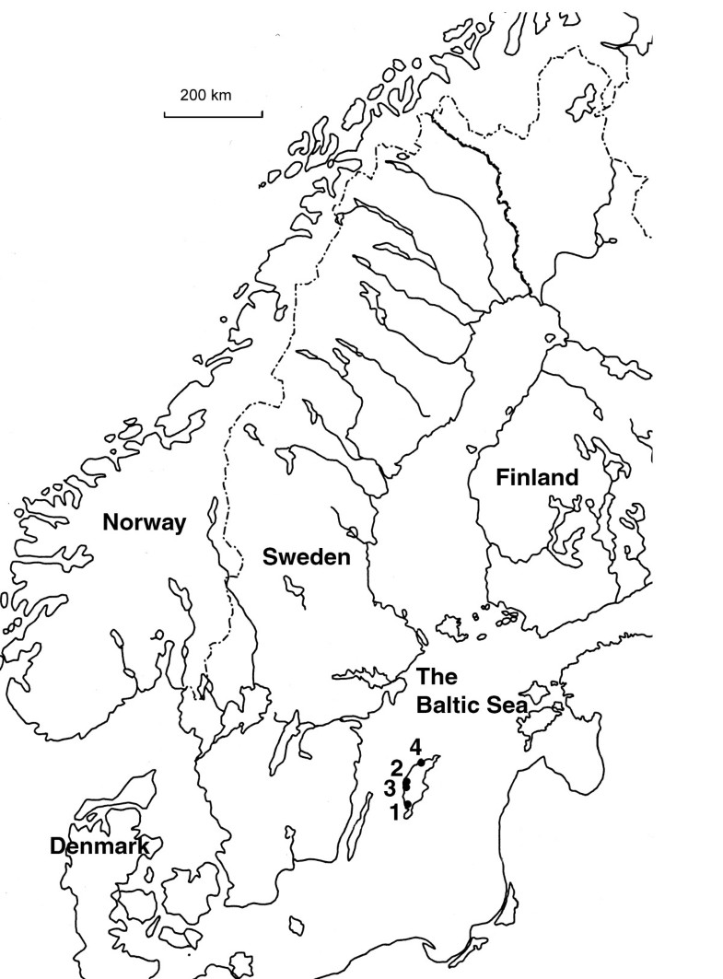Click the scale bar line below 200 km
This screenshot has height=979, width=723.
coord(214,114)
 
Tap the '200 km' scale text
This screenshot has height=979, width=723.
coord(206,95)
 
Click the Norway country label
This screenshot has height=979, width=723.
coord(144,524)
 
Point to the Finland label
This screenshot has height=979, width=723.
coord(537,478)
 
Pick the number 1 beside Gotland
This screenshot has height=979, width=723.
coord(394,812)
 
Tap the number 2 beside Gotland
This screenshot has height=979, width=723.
coord(396,768)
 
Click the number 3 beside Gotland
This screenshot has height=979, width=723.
coord(391,788)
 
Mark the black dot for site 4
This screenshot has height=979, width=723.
coord(421,763)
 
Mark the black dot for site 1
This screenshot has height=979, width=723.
coord(408,805)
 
